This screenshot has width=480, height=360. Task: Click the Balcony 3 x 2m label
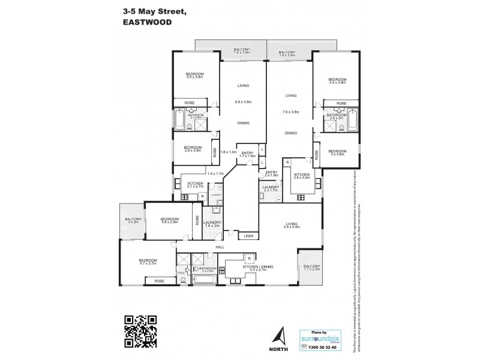pyautogui.click(x=133, y=221)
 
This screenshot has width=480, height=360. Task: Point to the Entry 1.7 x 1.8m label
pyautogui.click(x=247, y=154)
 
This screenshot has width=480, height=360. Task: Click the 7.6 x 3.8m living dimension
pyautogui.click(x=291, y=112)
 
